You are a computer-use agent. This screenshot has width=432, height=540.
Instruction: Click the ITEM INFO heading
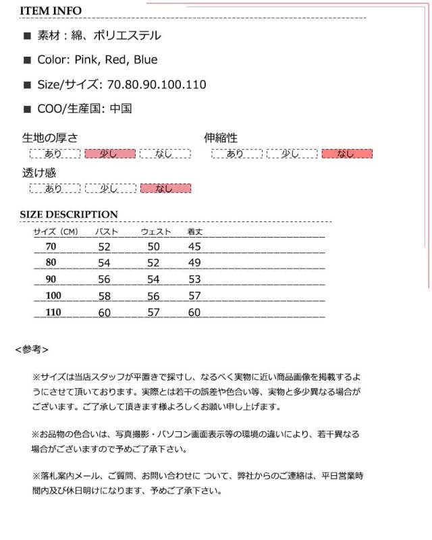click(x=51, y=11)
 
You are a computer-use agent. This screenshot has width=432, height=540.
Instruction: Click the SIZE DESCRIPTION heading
click(x=69, y=215)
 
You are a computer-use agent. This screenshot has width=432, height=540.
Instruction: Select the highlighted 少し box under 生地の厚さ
click(x=109, y=154)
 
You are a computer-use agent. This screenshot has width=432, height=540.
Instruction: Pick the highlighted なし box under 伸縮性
click(x=347, y=154)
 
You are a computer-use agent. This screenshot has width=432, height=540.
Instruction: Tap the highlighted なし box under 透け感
click(x=165, y=188)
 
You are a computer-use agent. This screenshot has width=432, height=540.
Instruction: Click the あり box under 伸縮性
click(x=236, y=154)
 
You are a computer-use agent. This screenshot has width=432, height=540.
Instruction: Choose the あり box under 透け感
click(x=54, y=188)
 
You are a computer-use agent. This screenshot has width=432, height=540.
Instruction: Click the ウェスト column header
click(x=155, y=232)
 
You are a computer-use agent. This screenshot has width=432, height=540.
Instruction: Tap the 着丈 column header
click(x=195, y=232)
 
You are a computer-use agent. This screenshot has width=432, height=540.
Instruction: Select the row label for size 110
click(x=53, y=312)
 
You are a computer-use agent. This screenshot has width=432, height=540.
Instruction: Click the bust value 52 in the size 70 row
click(x=104, y=247)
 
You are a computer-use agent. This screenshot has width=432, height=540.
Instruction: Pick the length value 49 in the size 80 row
click(x=194, y=263)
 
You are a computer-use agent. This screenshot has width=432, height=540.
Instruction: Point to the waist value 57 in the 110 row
click(x=153, y=312)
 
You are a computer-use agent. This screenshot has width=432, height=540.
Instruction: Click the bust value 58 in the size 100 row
click(x=104, y=296)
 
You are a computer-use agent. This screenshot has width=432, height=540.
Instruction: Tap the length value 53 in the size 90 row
click(x=194, y=279)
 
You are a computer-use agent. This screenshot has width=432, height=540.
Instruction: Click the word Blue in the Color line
click(x=145, y=60)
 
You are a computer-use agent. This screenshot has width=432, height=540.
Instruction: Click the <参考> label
click(x=32, y=350)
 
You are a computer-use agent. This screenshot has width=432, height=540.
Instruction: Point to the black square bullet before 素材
click(x=27, y=36)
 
